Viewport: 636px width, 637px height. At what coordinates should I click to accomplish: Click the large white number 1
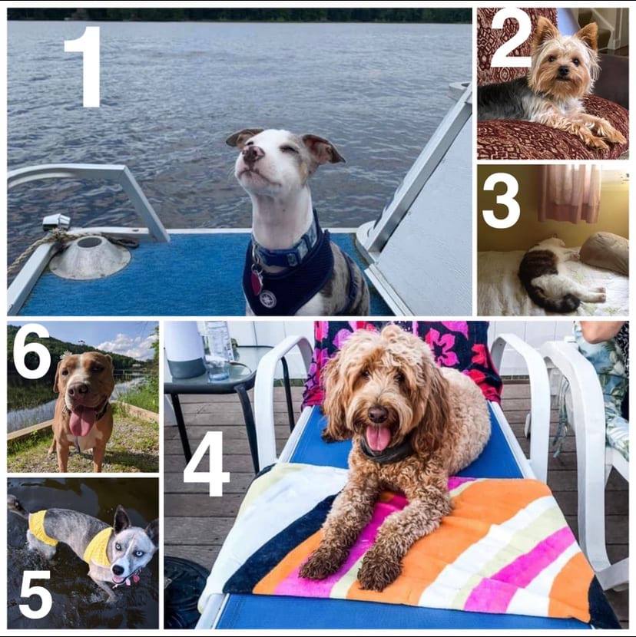click(x=84, y=67)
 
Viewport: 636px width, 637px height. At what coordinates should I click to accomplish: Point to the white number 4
click(x=206, y=464)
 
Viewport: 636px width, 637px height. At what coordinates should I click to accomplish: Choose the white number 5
click(x=36, y=593)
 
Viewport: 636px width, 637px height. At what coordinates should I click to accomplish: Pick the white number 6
click(x=31, y=352)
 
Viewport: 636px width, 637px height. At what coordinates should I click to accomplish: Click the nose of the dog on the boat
click(x=252, y=153)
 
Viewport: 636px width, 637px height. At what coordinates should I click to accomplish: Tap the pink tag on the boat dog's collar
click(x=257, y=282)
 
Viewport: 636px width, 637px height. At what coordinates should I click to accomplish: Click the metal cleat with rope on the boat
click(x=56, y=223)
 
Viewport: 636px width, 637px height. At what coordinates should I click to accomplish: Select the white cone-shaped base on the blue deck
click(x=90, y=257)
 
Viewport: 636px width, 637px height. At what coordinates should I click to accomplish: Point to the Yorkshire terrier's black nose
click(x=563, y=71)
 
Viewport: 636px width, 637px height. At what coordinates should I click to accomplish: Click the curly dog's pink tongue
click(x=378, y=437)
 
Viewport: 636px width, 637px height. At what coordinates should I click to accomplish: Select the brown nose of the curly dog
click(x=377, y=414)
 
